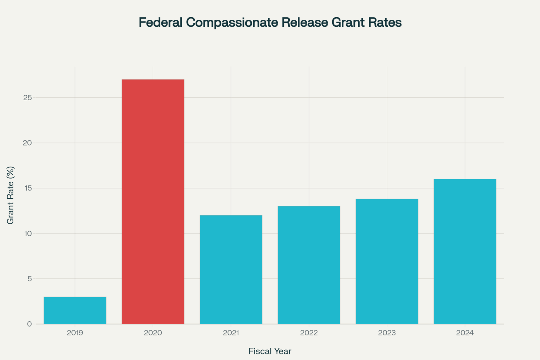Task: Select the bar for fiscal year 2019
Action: [x=75, y=310]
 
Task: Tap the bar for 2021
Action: [x=231, y=269]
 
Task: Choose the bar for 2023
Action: [x=387, y=261]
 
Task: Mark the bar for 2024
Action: [x=465, y=251]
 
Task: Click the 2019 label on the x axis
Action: [x=75, y=333]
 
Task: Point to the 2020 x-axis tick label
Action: [x=153, y=333]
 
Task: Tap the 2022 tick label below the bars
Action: [x=309, y=333]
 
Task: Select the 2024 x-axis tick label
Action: [x=465, y=333]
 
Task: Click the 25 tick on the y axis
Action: [x=27, y=98]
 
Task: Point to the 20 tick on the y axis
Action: [x=27, y=143]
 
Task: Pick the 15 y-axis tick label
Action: [x=27, y=188]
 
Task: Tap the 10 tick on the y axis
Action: [x=27, y=233]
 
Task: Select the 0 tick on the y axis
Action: [x=30, y=324]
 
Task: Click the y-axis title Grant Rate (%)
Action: [x=11, y=195]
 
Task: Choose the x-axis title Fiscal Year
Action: [x=270, y=351]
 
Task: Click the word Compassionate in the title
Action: [x=232, y=22]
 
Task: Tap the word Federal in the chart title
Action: [x=161, y=22]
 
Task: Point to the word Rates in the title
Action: [x=385, y=22]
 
